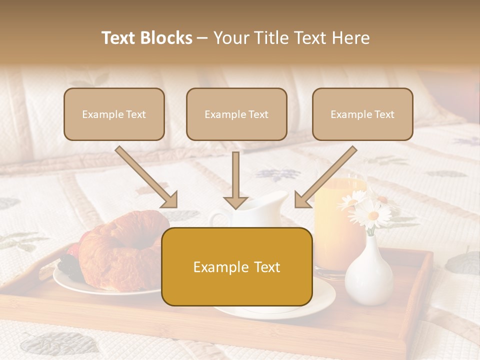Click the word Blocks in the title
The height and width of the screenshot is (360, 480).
pos(167,38)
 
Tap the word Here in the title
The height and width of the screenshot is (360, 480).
pos(351,38)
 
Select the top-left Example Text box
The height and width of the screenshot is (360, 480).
pos(114,114)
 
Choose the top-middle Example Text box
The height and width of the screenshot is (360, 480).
pos(236,114)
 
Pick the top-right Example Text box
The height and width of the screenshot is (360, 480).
pos(362,114)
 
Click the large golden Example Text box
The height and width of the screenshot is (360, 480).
pos(236,266)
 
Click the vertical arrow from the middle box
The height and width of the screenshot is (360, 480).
pos(235,180)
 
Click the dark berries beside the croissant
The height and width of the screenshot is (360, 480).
pos(67,265)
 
